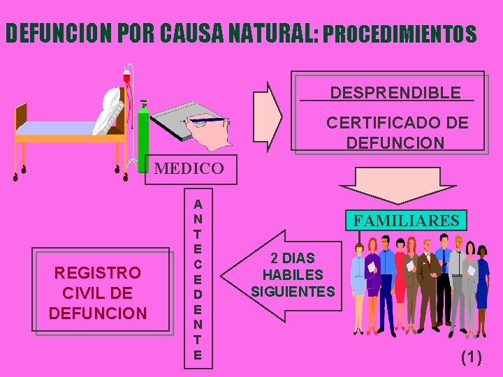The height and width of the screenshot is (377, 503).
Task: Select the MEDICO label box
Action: click(x=189, y=168)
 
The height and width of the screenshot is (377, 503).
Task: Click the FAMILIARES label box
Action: click(x=407, y=221)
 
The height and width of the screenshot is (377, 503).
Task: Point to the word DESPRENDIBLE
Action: click(x=395, y=92)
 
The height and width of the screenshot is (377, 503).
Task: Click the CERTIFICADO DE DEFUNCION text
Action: click(x=397, y=133)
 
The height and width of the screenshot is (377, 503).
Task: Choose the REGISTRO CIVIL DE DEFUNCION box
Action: click(x=99, y=292)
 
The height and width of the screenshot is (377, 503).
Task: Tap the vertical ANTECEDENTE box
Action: click(x=198, y=279)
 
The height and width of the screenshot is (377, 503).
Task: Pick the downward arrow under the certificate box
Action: click(x=398, y=184)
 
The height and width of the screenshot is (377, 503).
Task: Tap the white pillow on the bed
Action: click(x=112, y=110)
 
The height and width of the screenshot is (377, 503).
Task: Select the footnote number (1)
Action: click(x=471, y=357)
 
